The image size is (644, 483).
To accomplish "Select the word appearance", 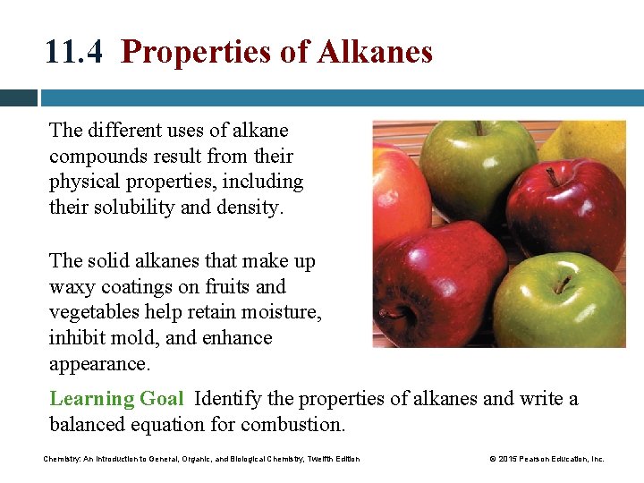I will click(97, 364).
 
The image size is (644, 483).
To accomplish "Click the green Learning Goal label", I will click(116, 398).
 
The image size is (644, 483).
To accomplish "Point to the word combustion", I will click(301, 424).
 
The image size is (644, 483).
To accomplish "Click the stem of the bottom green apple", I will click(561, 284).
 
